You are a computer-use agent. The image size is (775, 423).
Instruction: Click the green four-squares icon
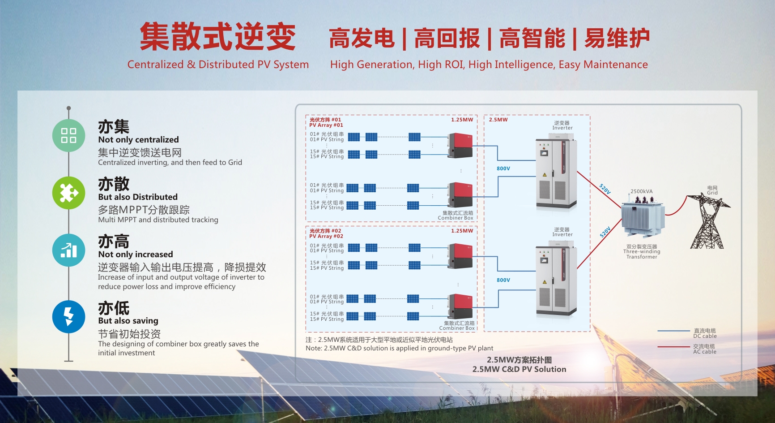click(x=68, y=135)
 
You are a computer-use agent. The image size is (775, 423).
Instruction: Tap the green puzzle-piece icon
click(x=68, y=193)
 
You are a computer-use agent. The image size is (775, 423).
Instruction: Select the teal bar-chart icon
click(x=68, y=250)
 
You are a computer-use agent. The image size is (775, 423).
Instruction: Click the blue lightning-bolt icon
click(x=68, y=316)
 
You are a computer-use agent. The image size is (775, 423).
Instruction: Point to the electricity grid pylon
click(x=708, y=221)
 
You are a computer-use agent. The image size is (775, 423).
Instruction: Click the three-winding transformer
click(x=642, y=218)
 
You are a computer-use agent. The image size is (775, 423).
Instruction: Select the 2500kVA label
click(x=641, y=191)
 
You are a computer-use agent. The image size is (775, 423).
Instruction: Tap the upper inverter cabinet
click(x=556, y=174)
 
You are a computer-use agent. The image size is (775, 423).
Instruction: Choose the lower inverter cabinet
click(x=556, y=281)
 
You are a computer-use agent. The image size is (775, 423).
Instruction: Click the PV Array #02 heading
click(x=326, y=233)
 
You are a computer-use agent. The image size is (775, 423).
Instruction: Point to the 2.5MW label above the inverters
click(x=498, y=120)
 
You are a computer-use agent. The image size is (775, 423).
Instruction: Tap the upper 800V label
click(x=503, y=168)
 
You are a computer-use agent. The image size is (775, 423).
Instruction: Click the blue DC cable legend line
click(x=673, y=331)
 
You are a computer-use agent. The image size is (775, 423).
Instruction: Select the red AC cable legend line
click(x=673, y=346)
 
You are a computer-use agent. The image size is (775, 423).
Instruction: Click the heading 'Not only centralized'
click(x=138, y=139)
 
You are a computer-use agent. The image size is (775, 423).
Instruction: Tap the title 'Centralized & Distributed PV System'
click(x=218, y=65)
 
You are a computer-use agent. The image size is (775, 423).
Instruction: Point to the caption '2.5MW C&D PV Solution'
click(x=519, y=369)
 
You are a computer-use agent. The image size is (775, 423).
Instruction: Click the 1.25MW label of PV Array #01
click(x=462, y=120)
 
